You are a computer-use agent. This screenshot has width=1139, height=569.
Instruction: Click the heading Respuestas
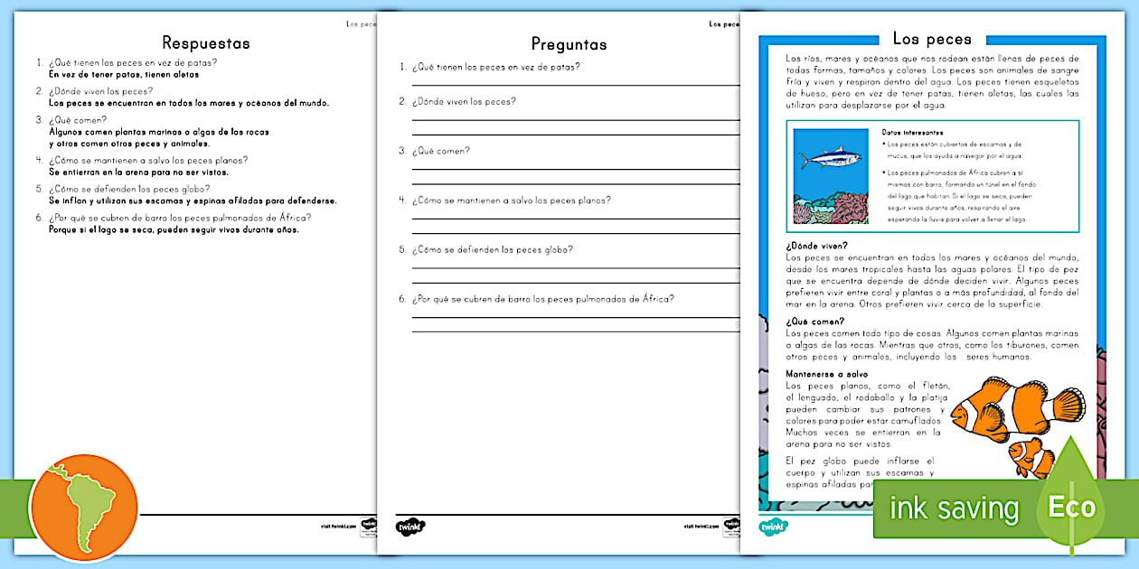click(x=205, y=42)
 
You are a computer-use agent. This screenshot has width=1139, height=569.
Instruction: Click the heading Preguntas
click(x=569, y=44)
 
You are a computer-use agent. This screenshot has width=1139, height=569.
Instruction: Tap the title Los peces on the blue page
click(x=931, y=39)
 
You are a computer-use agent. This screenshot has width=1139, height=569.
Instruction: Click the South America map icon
click(x=83, y=507)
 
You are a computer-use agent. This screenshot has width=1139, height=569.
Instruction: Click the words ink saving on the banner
click(x=954, y=508)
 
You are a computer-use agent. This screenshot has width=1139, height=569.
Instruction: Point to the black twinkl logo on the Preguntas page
click(x=410, y=526)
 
